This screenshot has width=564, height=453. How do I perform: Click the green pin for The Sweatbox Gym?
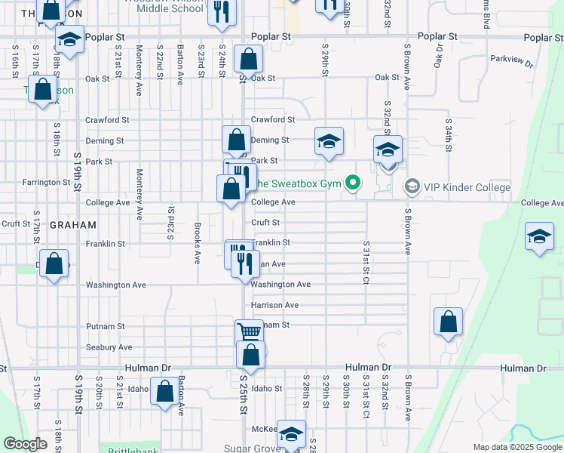[x=351, y=183]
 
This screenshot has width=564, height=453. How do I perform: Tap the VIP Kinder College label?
[x=457, y=185]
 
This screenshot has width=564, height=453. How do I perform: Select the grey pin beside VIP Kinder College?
[x=412, y=185]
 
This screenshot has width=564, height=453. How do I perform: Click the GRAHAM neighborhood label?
[x=72, y=225]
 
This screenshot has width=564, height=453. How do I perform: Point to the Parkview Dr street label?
[x=511, y=60]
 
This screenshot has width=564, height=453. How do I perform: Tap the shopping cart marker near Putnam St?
[x=250, y=332]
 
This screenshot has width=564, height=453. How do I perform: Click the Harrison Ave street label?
[x=274, y=305]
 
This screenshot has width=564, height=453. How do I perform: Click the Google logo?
[x=26, y=444]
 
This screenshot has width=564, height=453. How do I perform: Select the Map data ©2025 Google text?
[x=517, y=447]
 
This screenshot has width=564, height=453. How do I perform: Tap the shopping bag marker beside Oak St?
[x=247, y=60]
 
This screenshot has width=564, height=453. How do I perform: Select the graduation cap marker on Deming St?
[x=329, y=141]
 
